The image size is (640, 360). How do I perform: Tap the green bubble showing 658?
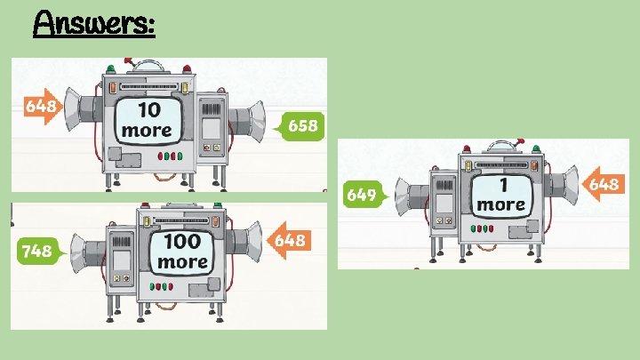click(x=300, y=126)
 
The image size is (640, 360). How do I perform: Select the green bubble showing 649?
click(x=364, y=194)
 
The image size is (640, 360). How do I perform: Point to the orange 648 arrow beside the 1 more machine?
click(x=602, y=184)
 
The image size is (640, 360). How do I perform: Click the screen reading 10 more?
click(x=148, y=121)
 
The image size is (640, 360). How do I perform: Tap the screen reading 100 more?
click(x=182, y=252)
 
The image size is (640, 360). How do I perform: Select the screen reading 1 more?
click(x=501, y=194)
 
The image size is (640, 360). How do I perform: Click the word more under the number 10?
click(x=148, y=131)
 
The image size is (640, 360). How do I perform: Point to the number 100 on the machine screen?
click(x=182, y=242)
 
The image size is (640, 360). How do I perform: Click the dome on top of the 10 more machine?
click(x=147, y=67)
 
